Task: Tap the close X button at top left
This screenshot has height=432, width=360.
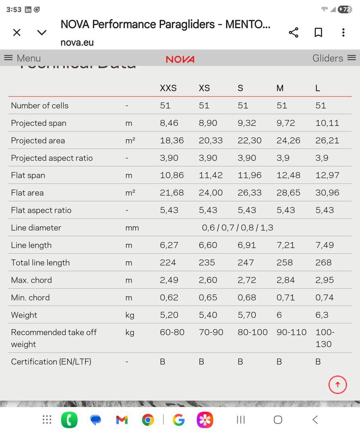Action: tap(17, 33)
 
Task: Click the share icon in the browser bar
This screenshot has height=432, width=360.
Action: tap(294, 33)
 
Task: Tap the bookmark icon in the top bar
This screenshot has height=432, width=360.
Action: tap(318, 33)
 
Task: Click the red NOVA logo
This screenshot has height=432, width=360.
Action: tap(180, 59)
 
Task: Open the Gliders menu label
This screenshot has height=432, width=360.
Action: tap(328, 58)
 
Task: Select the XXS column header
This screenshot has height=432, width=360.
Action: tap(168, 88)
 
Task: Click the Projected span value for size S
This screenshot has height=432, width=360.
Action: tap(247, 123)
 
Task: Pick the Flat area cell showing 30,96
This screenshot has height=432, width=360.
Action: tap(327, 193)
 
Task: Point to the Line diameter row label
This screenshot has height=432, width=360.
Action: tap(36, 228)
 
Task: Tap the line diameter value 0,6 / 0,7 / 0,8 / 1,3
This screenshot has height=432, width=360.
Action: tap(237, 228)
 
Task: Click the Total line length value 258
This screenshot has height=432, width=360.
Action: tap(285, 263)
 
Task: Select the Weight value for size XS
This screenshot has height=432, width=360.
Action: tap(208, 315)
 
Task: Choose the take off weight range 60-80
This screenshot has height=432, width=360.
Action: tap(172, 332)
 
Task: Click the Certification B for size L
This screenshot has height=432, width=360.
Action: tap(318, 362)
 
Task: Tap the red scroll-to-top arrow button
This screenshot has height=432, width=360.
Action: tap(337, 384)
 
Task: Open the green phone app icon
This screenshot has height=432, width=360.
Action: tap(69, 420)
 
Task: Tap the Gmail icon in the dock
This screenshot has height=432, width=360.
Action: tap(122, 420)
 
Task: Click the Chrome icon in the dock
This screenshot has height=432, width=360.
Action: tap(148, 420)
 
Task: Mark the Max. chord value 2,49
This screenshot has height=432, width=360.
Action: tap(169, 280)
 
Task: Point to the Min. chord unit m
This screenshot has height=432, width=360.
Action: tap(129, 298)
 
